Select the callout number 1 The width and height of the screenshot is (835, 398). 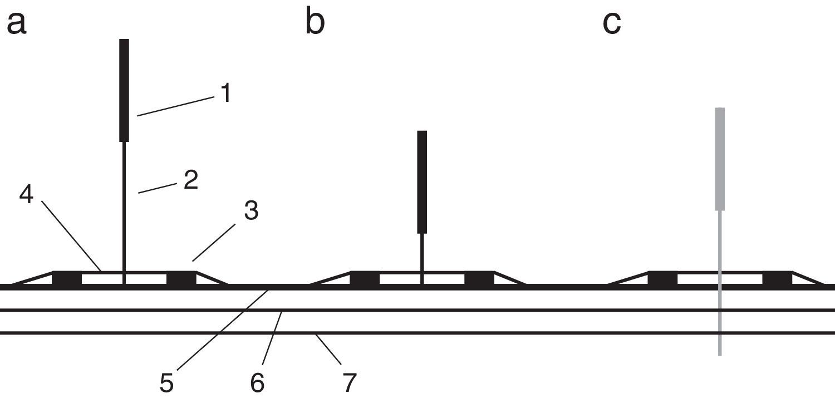point(225,94)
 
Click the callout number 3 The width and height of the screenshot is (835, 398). point(250,212)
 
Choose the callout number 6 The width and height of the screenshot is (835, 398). point(257,383)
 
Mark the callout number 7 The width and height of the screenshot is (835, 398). point(348,383)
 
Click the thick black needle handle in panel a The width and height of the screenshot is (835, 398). point(124,89)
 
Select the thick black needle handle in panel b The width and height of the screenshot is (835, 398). point(422,181)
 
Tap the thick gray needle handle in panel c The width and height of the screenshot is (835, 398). point(720,159)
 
